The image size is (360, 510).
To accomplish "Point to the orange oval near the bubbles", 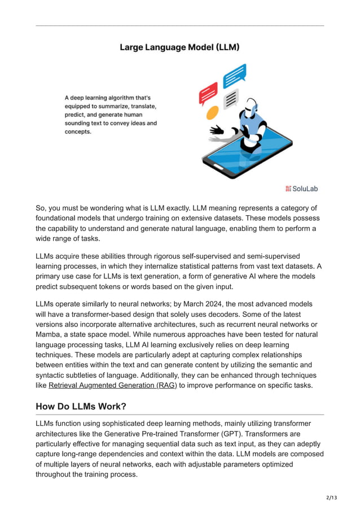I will [212, 112].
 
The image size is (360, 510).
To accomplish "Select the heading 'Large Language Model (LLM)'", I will [179, 47].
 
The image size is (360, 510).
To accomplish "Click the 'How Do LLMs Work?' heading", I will [81, 406].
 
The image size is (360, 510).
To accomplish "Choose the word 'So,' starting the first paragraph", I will [43, 208].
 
